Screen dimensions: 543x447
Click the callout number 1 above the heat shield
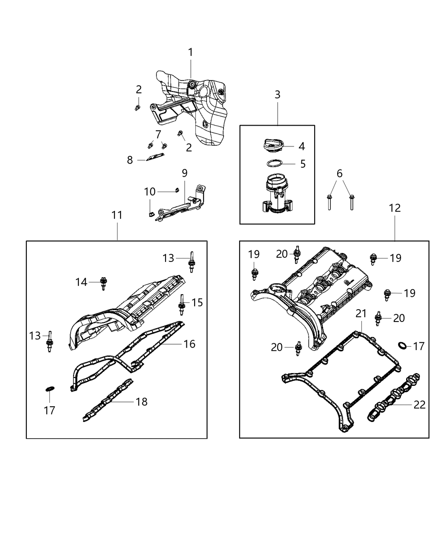point(190,52)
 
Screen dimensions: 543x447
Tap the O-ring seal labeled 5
point(275,164)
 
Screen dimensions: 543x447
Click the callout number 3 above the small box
point(277,95)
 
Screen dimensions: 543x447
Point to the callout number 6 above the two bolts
point(339,173)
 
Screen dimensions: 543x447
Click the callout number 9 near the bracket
point(184,173)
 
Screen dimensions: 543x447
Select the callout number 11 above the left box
point(117,215)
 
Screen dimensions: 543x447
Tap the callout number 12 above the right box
point(395,208)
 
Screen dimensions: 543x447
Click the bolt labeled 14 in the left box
point(103,283)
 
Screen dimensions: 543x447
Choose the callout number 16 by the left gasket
point(189,344)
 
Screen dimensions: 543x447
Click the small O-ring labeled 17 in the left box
point(49,388)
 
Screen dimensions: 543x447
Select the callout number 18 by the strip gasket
point(141,401)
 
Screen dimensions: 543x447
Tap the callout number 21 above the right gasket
point(361,313)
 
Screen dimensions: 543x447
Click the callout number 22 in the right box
point(419,405)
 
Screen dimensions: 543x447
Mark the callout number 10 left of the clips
point(149,192)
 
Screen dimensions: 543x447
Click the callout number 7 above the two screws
point(158,135)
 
